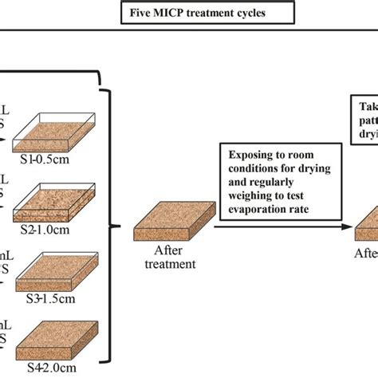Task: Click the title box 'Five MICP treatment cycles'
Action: pyautogui.click(x=189, y=13)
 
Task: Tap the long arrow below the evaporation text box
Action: pyautogui.click(x=284, y=226)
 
